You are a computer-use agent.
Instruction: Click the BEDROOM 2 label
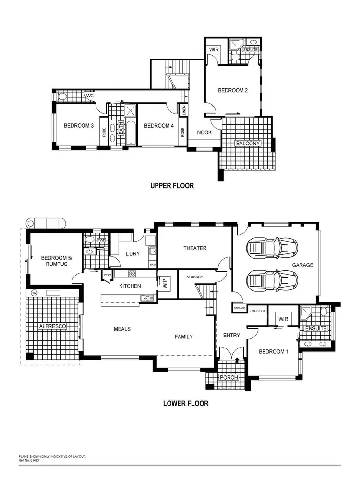pyautogui.click(x=233, y=90)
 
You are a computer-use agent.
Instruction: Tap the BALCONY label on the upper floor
pyautogui.click(x=247, y=144)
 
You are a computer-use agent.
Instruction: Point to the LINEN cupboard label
pyautogui.click(x=183, y=110)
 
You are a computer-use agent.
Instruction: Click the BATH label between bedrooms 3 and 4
pyautogui.click(x=122, y=127)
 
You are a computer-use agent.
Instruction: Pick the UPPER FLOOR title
pyautogui.click(x=172, y=186)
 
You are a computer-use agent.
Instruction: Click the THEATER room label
pyautogui.click(x=195, y=248)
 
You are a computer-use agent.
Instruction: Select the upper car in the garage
pyautogui.click(x=272, y=248)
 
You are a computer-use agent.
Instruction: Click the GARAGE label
pyautogui.click(x=302, y=265)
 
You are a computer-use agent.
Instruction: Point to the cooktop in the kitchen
pyautogui.click(x=132, y=274)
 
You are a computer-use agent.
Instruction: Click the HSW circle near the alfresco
pyautogui.click(x=34, y=292)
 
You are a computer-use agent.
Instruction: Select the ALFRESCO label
pyautogui.click(x=52, y=326)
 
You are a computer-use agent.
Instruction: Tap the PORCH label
pyautogui.click(x=228, y=378)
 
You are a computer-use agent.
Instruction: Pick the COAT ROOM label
pyautogui.click(x=257, y=311)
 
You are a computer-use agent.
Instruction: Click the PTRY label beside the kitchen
pyautogui.click(x=108, y=275)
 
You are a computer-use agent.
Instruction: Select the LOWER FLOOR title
pyautogui.click(x=186, y=403)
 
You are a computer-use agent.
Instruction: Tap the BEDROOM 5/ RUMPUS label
pyautogui.click(x=54, y=260)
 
